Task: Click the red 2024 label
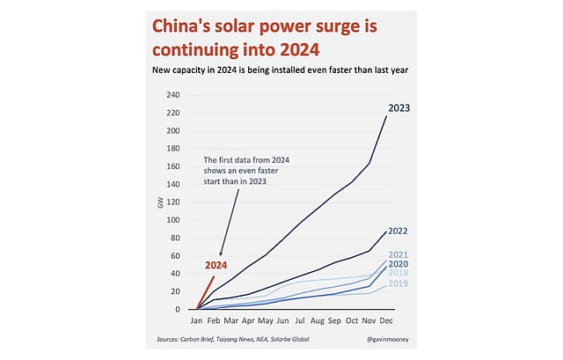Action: (x=216, y=264)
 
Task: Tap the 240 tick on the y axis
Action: (x=173, y=95)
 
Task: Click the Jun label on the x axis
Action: (x=284, y=321)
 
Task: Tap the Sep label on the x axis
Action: (x=335, y=321)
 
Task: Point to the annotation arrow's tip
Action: (x=219, y=255)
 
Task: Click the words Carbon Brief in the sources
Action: (x=205, y=339)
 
